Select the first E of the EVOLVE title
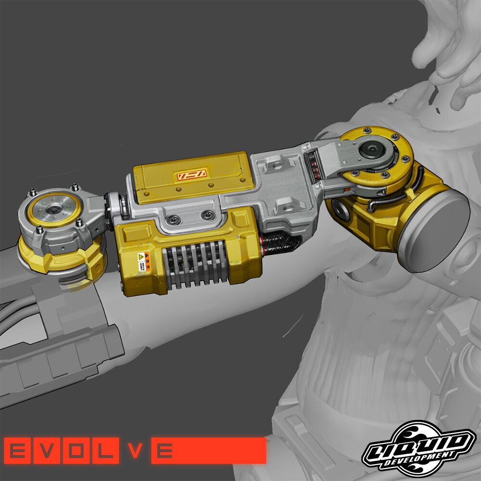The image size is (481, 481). pos(18,451)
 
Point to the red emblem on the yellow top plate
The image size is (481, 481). pos(191,175)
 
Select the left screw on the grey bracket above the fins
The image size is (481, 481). pos(173,219)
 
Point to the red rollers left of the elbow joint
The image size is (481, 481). pos(315,166)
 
